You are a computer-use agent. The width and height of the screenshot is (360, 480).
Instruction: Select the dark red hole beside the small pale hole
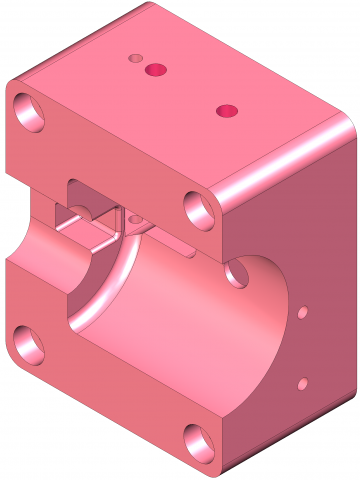pos(155,69)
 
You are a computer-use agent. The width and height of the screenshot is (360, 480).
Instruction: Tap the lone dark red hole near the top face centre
pos(227,109)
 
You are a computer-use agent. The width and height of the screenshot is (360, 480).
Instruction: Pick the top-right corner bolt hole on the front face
pos(199,208)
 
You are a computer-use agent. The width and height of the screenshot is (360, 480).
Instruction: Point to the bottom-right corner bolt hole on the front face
pos(197,439)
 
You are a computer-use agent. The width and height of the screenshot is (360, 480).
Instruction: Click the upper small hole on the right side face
pos(300,314)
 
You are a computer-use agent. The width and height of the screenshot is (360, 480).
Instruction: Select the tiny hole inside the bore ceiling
pos(134,217)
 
